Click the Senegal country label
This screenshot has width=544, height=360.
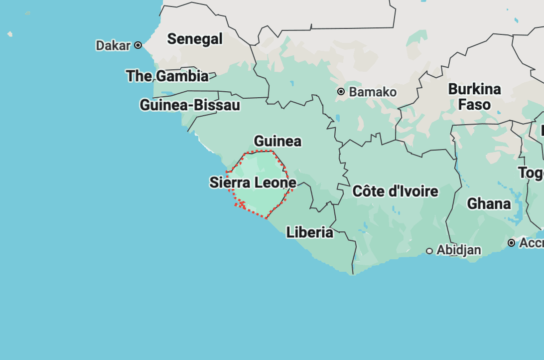pos(195,39)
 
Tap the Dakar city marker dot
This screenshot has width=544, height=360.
pos(138,45)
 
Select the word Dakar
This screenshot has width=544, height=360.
pos(113,45)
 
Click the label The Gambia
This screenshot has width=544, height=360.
pos(167,76)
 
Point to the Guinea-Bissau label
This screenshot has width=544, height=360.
pos(190,105)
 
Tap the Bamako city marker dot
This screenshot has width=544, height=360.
pos(341,91)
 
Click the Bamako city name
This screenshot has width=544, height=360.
pos(373,92)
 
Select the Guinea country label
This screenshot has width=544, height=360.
pos(277,141)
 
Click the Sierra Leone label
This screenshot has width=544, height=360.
pos(253,182)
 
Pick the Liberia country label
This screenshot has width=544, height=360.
pos(309,232)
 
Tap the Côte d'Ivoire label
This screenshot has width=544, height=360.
pos(395,191)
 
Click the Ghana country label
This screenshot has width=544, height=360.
pos(489,204)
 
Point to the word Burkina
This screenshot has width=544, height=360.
pos(474,89)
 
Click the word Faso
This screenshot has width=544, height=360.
pos(474,105)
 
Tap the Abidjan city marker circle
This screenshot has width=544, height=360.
pos(429,251)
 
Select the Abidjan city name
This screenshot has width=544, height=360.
pos(459,250)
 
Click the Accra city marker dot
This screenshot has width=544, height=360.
pos(511,243)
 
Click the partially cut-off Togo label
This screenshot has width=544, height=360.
pos(531,173)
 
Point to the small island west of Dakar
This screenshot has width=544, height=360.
pos(9,34)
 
